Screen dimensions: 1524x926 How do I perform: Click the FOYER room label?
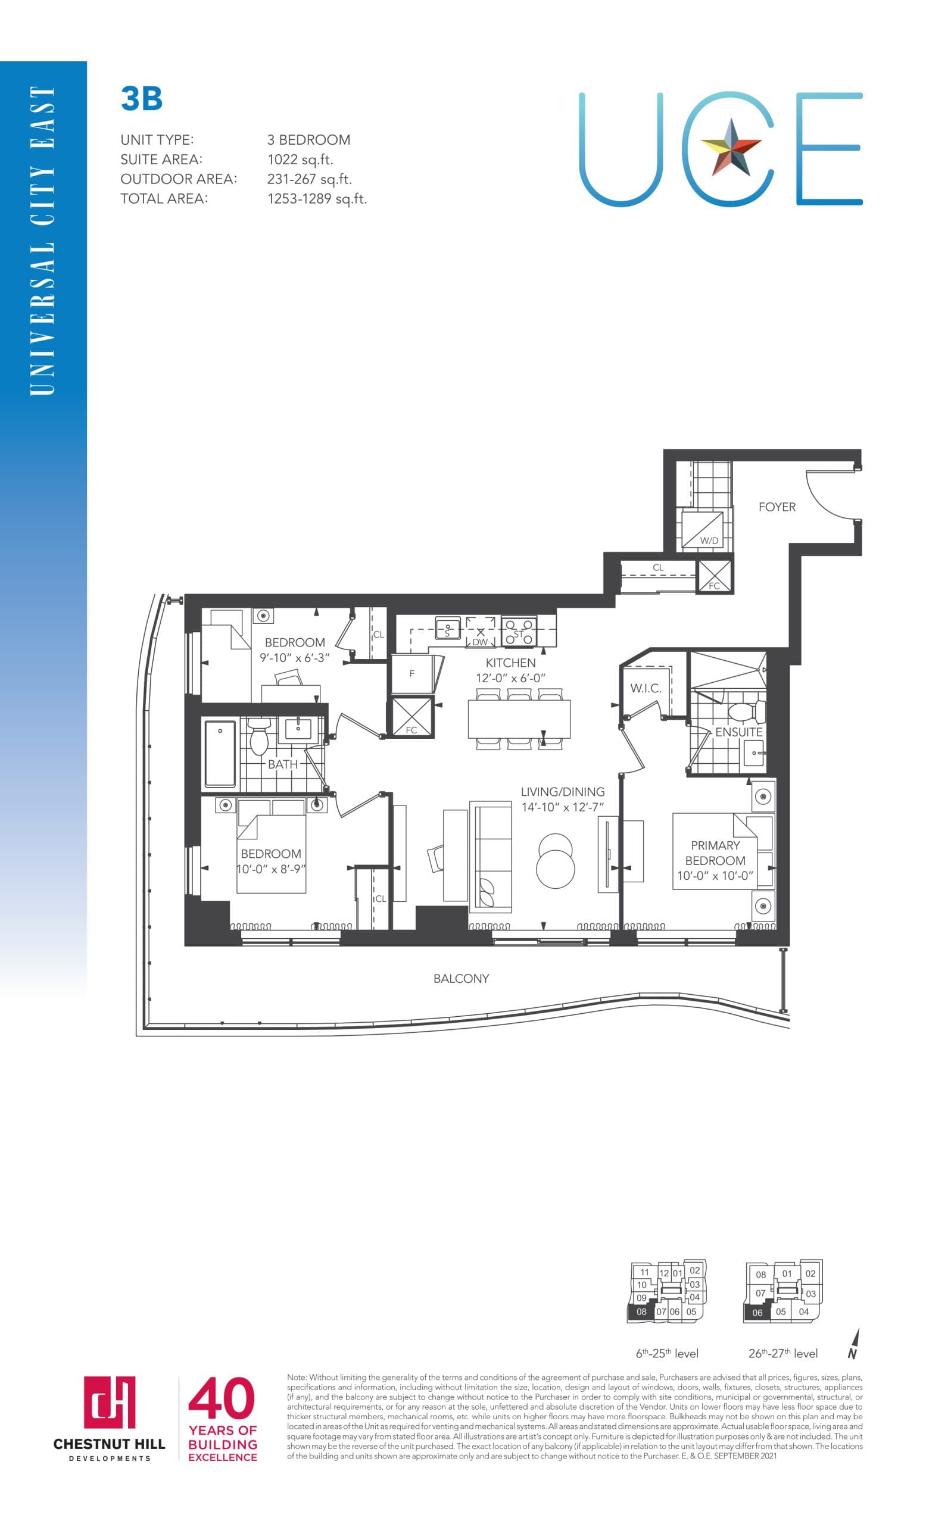pos(777,507)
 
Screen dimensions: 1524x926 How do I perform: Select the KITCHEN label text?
pos(510,663)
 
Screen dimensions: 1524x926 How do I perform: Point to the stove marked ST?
pos(518,632)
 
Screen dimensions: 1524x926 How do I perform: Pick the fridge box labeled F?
pos(412,673)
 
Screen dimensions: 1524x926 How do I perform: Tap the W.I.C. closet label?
pos(645,688)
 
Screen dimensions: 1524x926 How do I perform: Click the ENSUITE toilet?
pos(746,712)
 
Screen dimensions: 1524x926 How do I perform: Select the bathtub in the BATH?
pos(220,753)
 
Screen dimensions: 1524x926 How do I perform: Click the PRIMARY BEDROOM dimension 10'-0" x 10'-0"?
pos(715,875)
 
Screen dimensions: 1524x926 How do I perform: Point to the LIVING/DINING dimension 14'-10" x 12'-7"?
pos(562,807)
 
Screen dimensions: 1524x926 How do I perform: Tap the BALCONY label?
pos(461,978)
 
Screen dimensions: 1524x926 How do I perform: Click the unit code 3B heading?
pos(142,98)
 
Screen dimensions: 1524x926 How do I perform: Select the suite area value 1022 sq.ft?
pos(300,160)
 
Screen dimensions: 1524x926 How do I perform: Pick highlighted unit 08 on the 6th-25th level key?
pos(641,1311)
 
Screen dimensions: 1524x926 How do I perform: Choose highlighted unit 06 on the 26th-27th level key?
pos(756,1313)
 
